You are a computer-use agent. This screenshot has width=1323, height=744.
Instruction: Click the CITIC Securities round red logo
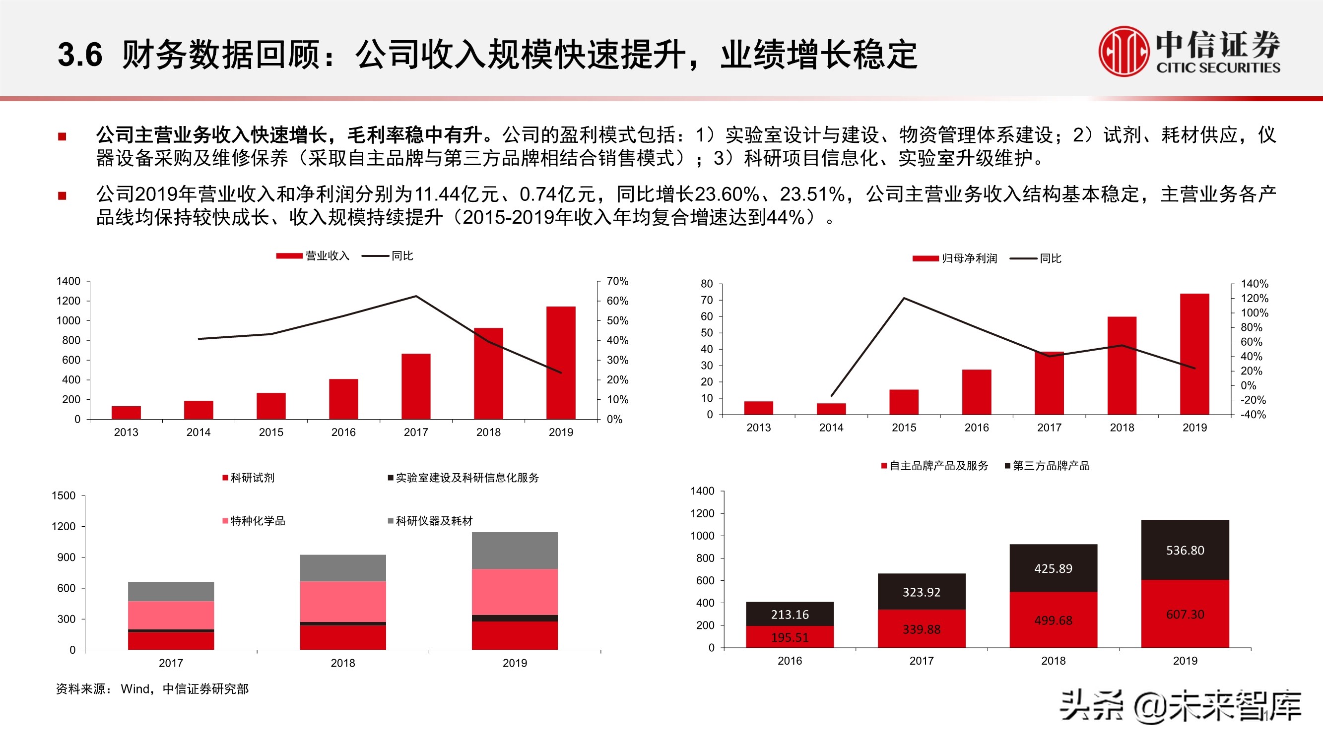coord(1124,52)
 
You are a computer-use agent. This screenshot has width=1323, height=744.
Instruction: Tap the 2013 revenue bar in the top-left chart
coord(126,412)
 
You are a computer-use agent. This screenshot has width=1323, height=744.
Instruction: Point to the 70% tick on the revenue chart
coord(617,281)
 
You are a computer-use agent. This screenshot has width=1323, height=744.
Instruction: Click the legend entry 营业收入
coord(313,256)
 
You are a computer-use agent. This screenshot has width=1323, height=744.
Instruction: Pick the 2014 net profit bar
coord(831,409)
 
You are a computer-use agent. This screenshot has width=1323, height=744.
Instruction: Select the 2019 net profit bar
coord(1194,354)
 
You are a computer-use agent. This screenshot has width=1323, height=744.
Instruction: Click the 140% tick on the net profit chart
coord(1254,284)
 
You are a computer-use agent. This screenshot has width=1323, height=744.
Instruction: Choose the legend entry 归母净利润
coord(955,258)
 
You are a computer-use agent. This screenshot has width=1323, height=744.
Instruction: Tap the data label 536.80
coord(1185,551)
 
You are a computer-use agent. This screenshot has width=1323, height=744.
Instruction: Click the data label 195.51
coord(790,638)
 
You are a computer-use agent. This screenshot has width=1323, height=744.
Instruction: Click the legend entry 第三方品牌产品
coord(1047,466)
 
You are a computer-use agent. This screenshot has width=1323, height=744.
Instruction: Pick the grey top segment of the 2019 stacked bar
coord(515,551)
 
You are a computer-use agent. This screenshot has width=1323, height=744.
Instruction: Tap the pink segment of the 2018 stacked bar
coord(342,601)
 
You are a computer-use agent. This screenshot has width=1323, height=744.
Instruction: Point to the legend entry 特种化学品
coord(254,521)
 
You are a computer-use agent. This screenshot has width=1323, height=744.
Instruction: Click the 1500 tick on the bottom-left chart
coord(63,496)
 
